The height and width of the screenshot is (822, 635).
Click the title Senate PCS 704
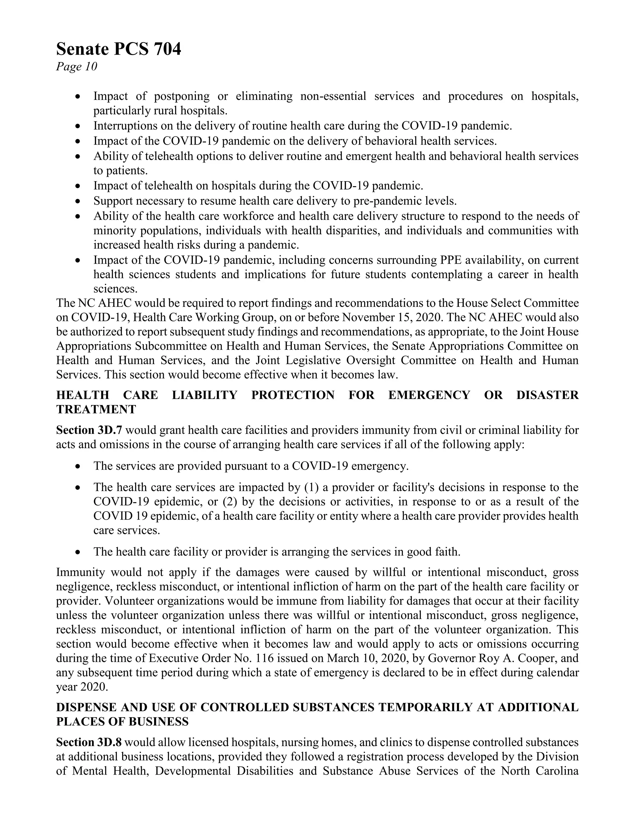(x=118, y=49)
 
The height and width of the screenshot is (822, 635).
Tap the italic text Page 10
(x=77, y=67)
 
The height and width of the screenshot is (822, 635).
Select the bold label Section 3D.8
(x=89, y=743)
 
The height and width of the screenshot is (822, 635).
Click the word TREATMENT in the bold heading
(x=96, y=409)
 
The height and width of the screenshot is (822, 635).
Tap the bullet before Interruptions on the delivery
(x=78, y=126)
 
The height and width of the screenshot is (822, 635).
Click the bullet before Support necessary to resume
(x=78, y=201)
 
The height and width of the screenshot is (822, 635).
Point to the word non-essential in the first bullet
(x=333, y=96)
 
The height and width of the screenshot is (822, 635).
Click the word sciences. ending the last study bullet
(x=115, y=289)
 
